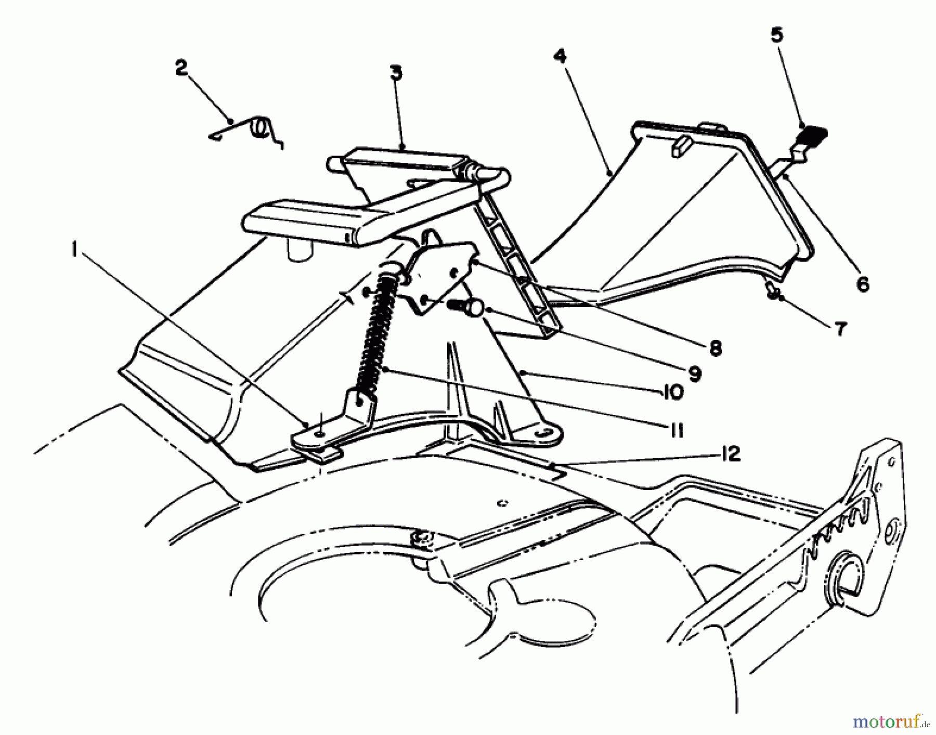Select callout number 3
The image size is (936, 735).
coord(396,73)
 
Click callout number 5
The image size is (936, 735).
coord(776,35)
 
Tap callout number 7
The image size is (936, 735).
coord(841,329)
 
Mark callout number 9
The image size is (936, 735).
coord(694,373)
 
